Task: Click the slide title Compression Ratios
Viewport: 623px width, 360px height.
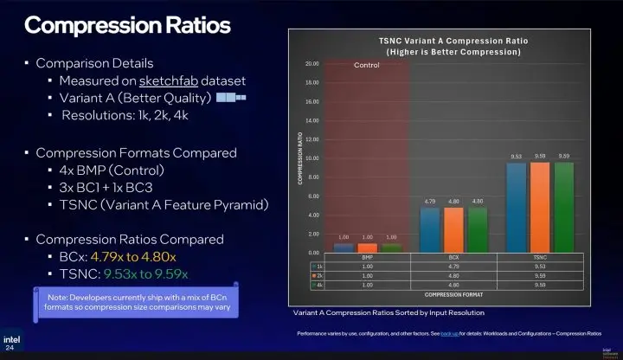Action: [128, 24]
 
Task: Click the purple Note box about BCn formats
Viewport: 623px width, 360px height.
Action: [138, 302]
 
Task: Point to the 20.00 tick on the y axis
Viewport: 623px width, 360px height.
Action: [312, 64]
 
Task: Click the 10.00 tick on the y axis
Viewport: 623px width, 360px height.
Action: [312, 158]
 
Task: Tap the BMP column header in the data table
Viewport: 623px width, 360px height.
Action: [368, 258]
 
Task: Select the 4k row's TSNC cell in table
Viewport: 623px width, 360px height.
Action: [540, 284]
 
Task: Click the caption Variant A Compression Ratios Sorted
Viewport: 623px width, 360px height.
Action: [388, 312]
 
